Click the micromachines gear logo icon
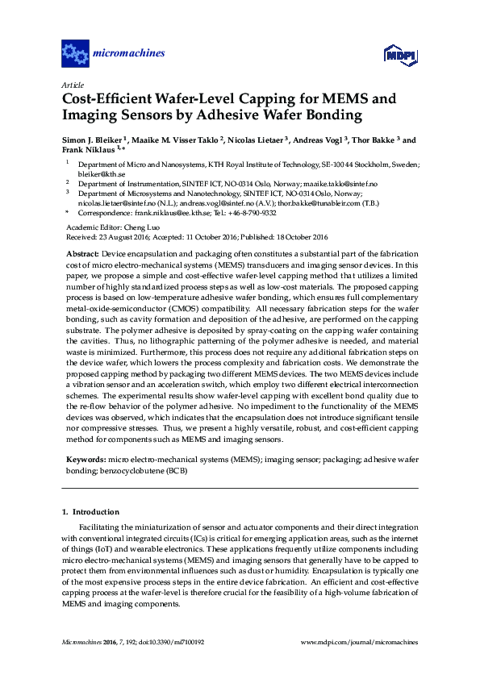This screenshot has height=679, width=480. click(75, 54)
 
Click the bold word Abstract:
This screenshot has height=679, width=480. click(86, 253)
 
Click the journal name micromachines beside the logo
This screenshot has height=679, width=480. click(130, 54)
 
